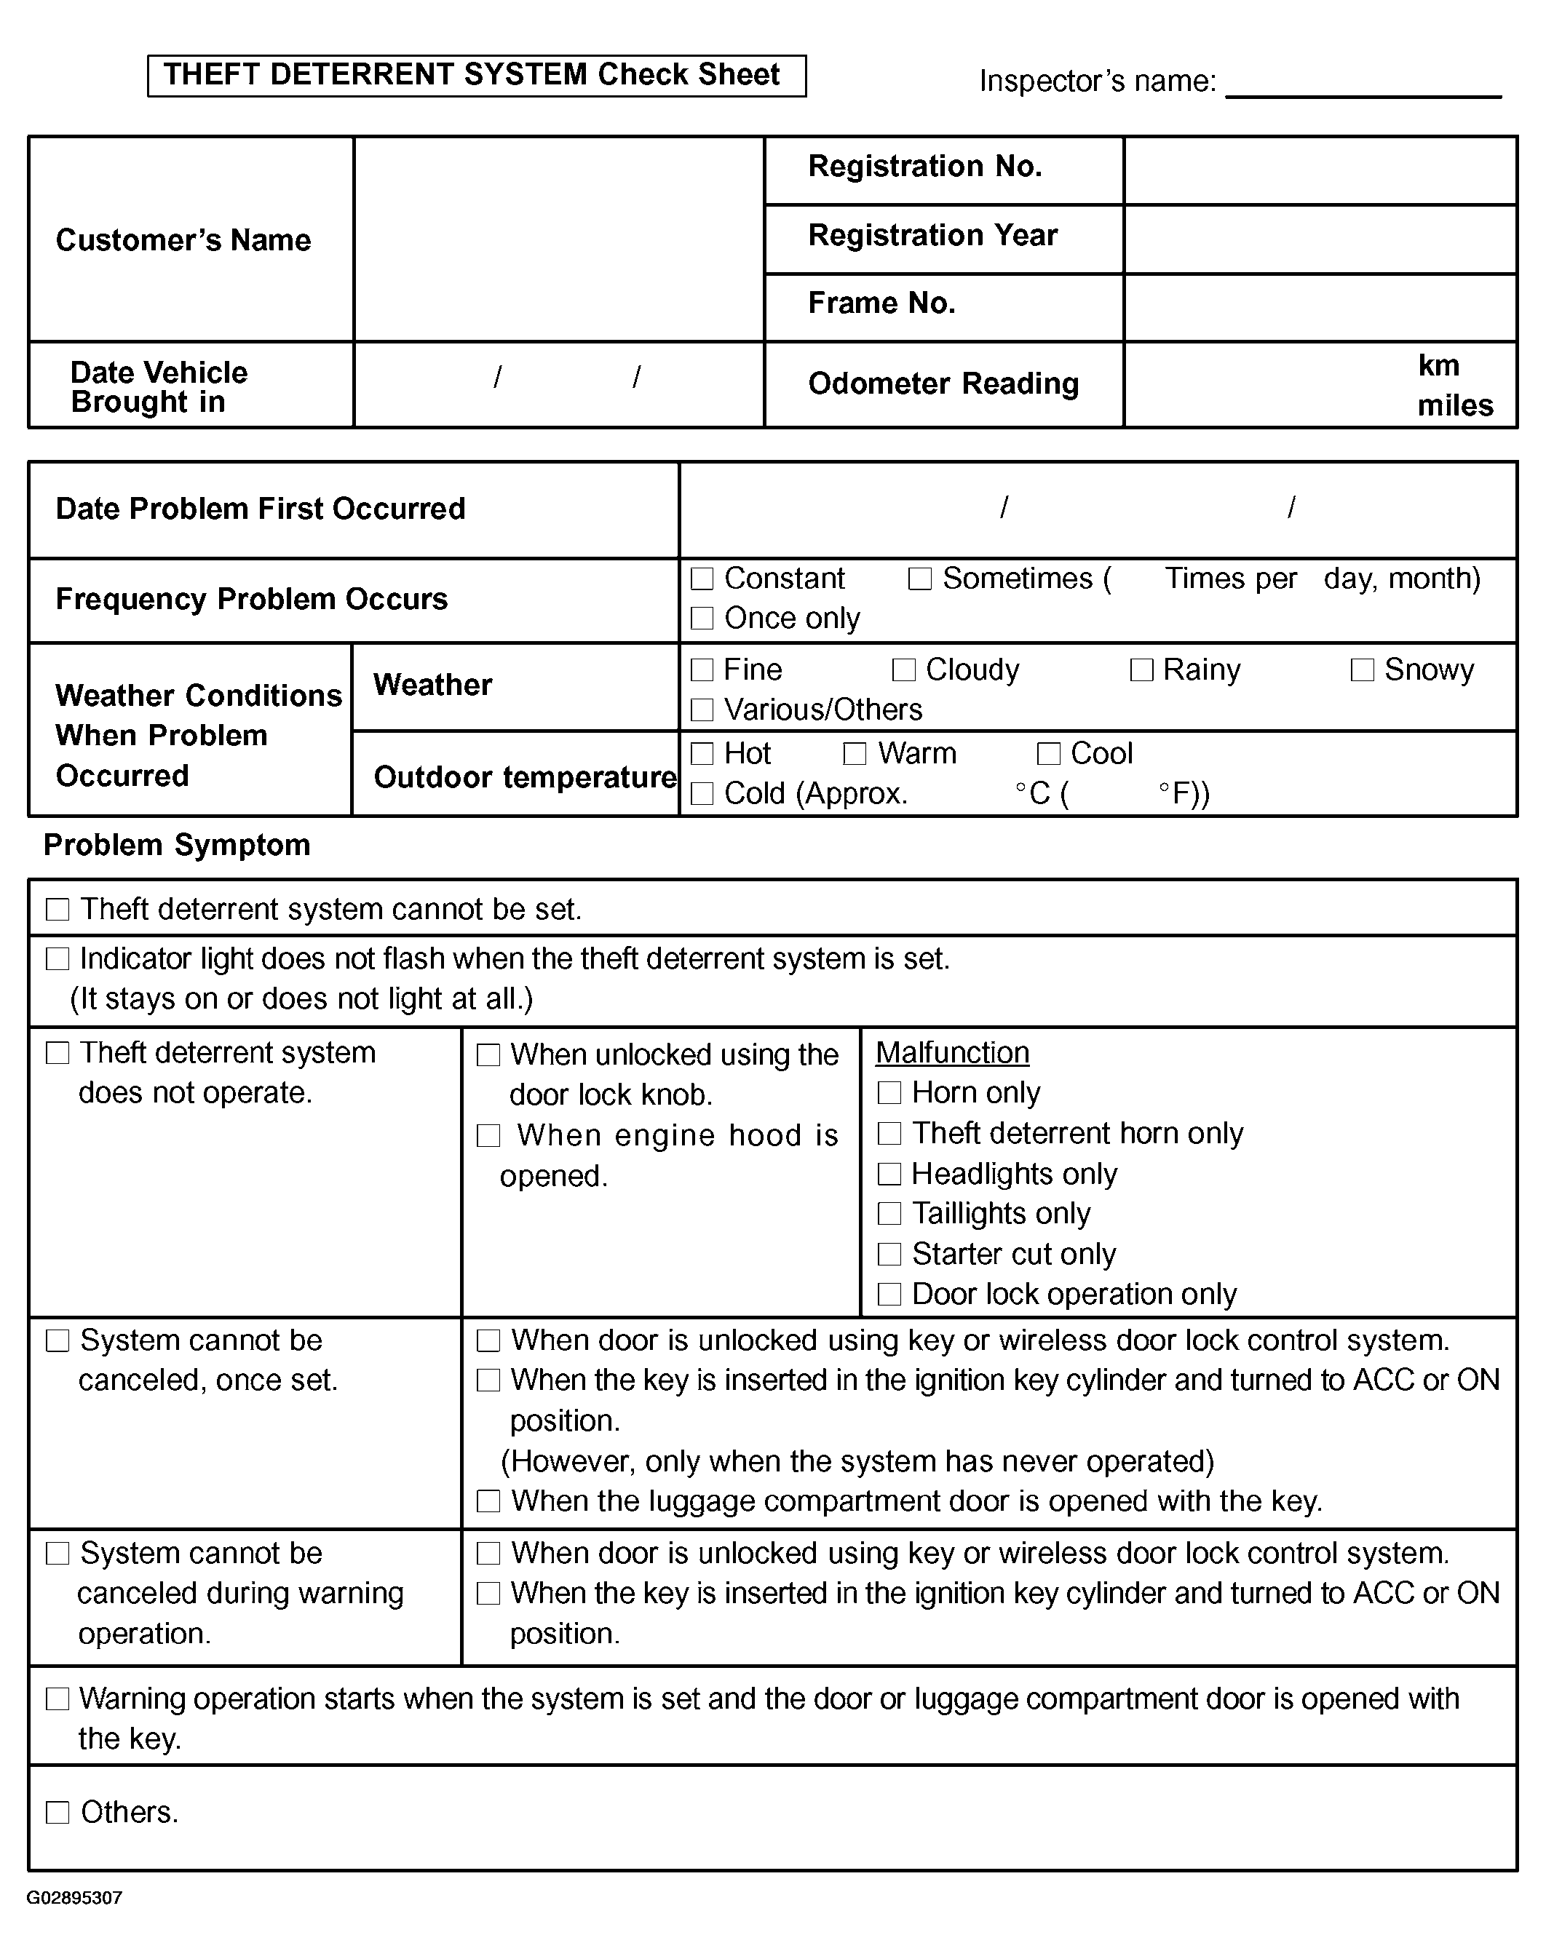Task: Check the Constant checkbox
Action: [x=702, y=579]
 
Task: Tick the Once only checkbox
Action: [x=702, y=618]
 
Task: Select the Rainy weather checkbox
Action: [x=1141, y=669]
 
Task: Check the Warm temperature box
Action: [x=855, y=754]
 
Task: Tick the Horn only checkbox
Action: [x=889, y=1093]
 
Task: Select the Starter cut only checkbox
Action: [x=889, y=1254]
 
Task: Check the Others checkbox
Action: [x=58, y=1813]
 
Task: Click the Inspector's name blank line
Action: [x=1363, y=86]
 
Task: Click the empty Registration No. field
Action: [x=1320, y=170]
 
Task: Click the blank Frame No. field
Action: [x=1320, y=308]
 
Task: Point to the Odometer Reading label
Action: [x=943, y=384]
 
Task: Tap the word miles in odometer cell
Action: [x=1454, y=405]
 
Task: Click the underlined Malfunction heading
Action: [x=952, y=1052]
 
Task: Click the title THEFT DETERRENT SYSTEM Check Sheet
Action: [x=472, y=75]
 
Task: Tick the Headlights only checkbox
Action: [x=889, y=1174]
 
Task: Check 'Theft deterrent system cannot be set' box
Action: [x=58, y=910]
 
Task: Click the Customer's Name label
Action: [x=183, y=240]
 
